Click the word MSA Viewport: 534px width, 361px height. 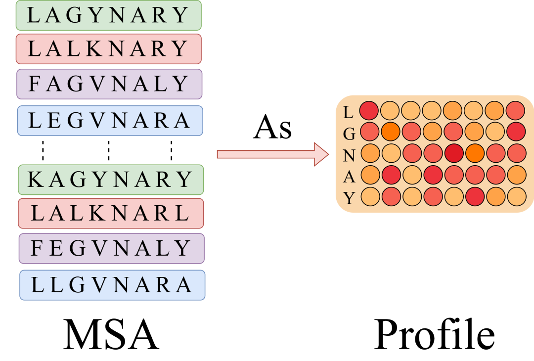click(111, 334)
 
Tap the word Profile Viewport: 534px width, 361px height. click(434, 334)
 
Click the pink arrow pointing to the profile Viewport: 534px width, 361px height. click(273, 154)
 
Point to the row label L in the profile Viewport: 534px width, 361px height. click(348, 112)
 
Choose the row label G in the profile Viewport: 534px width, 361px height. click(349, 134)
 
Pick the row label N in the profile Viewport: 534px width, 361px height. click(349, 156)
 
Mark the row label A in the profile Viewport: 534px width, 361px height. click(349, 177)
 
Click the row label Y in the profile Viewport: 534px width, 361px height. click(349, 197)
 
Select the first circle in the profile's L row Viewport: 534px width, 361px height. click(369, 111)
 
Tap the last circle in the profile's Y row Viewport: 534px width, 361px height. click(517, 196)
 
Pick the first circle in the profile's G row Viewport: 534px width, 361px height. click(369, 132)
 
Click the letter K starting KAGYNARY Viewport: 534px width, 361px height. click(36, 180)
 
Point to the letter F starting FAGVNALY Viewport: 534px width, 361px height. click(35, 84)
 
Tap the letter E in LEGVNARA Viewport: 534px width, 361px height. click(54, 121)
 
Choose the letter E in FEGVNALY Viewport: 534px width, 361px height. click(56, 248)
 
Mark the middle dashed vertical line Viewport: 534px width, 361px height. click(108, 150)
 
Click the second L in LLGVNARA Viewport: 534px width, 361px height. click(56, 285)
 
